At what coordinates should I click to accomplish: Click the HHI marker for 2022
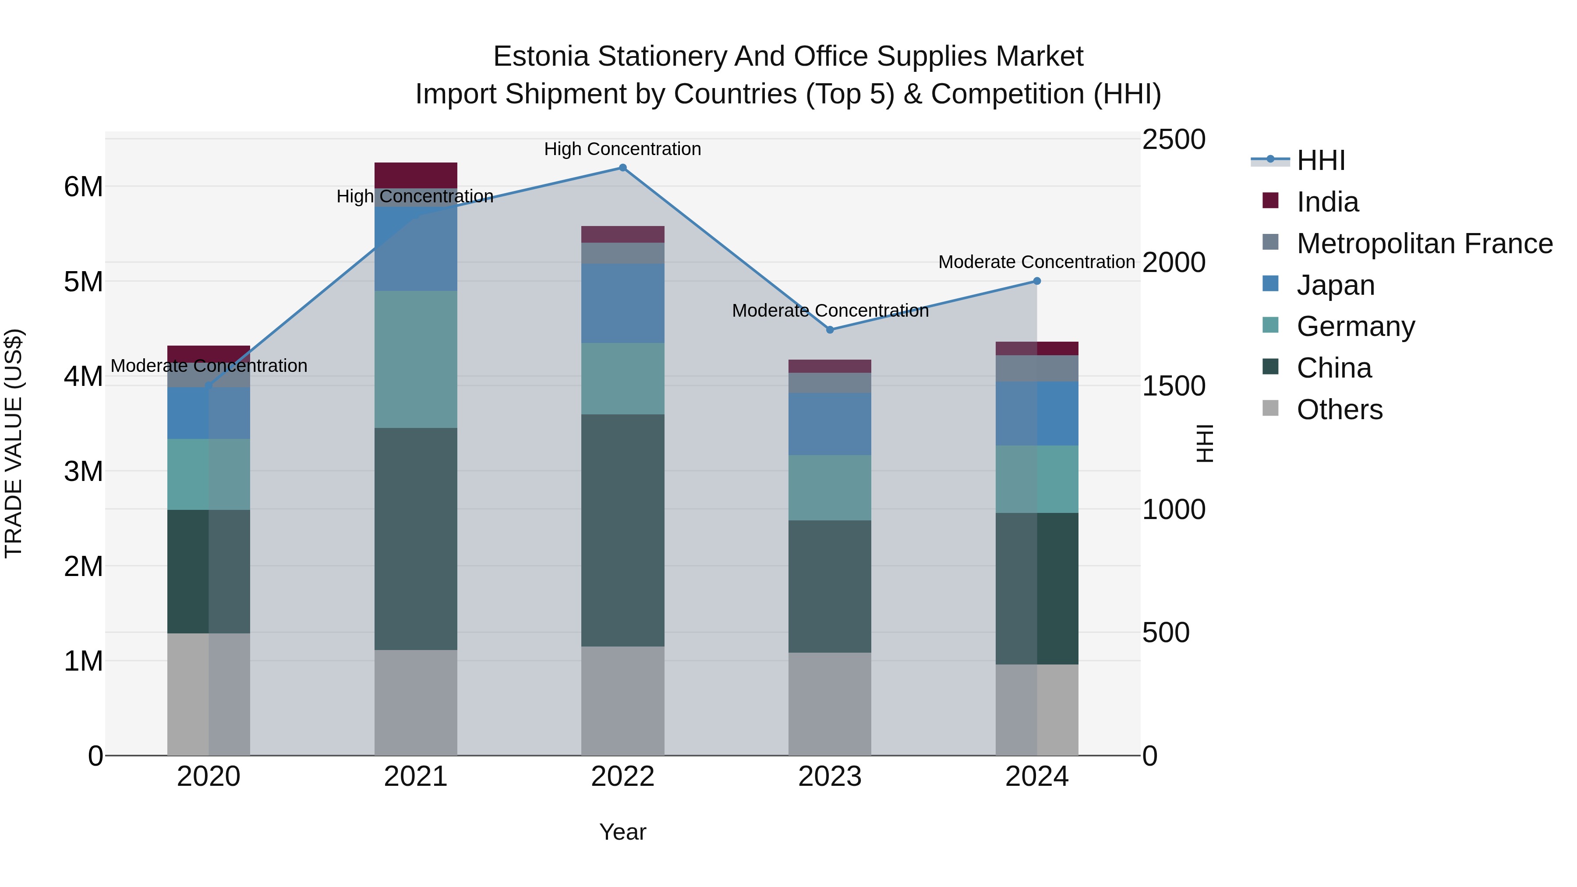622,168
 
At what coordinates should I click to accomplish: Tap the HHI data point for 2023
830,330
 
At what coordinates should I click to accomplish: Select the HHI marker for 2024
1036,281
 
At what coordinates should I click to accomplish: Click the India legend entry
1327,202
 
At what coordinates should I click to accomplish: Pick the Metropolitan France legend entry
1424,244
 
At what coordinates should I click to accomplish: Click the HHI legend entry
1320,160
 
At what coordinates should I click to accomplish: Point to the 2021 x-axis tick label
416,777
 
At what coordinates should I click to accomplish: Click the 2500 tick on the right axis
1174,140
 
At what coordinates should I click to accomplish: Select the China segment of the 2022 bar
622,530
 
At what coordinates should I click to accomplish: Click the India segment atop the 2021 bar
416,175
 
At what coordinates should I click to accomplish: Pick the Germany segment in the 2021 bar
416,359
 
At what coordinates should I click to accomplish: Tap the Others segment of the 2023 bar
830,704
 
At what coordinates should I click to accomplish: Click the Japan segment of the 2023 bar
830,424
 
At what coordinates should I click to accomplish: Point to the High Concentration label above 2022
622,149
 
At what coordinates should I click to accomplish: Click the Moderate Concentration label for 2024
1036,262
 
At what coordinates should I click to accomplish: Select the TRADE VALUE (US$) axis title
14,443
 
